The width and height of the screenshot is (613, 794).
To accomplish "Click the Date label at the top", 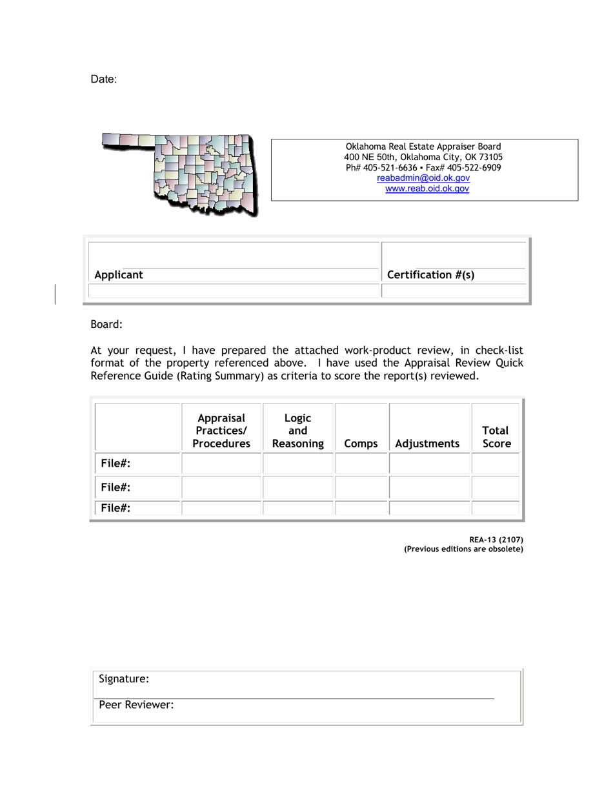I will pyautogui.click(x=103, y=79).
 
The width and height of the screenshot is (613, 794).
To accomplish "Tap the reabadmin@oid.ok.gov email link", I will pyautogui.click(x=423, y=178).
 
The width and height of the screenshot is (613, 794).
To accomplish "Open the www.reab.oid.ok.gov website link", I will pyautogui.click(x=427, y=189).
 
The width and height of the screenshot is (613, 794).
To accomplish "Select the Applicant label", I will pyautogui.click(x=119, y=275).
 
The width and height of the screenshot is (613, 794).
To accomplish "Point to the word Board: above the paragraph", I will pyautogui.click(x=106, y=326).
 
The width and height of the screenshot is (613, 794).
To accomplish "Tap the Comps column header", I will pyautogui.click(x=361, y=444).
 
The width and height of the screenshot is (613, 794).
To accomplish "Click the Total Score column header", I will pyautogui.click(x=496, y=437).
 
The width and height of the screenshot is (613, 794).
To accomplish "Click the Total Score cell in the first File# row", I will pyautogui.click(x=496, y=463).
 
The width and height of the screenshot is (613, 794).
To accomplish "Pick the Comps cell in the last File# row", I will pyautogui.click(x=361, y=508).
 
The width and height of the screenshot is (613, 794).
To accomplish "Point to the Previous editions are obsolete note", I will pyautogui.click(x=463, y=549).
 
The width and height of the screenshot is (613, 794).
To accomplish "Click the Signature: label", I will pyautogui.click(x=124, y=679).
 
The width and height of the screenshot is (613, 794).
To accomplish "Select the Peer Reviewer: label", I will pyautogui.click(x=136, y=706).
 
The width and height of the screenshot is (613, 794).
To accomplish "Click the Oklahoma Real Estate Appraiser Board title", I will pyautogui.click(x=423, y=147).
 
